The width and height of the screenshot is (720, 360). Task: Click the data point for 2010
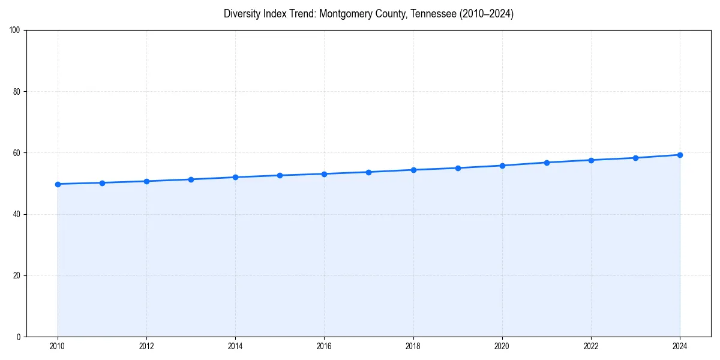click(58, 184)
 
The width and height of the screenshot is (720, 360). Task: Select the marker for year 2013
click(191, 179)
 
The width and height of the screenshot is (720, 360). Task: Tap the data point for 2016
click(324, 174)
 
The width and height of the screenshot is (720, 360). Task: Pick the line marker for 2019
click(458, 168)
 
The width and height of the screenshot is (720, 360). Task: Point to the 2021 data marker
click(547, 163)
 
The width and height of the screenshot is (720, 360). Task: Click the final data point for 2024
click(680, 155)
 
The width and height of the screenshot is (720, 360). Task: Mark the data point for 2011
click(102, 183)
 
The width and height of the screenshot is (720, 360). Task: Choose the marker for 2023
click(635, 158)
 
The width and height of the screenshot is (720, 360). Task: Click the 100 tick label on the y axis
click(15, 31)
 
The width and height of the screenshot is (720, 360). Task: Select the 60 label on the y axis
click(17, 153)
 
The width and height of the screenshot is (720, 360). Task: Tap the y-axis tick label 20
click(17, 275)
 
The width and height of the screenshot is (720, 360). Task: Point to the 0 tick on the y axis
click(19, 337)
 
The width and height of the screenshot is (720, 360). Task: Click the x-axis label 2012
click(146, 346)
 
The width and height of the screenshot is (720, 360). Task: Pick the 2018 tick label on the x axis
click(413, 346)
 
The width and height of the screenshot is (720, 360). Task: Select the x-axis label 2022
click(591, 346)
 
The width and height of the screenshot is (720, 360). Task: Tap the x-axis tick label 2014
click(235, 346)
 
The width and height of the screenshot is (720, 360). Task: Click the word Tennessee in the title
click(433, 14)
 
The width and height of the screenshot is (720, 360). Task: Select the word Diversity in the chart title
click(242, 14)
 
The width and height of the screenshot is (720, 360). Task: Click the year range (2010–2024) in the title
click(487, 14)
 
